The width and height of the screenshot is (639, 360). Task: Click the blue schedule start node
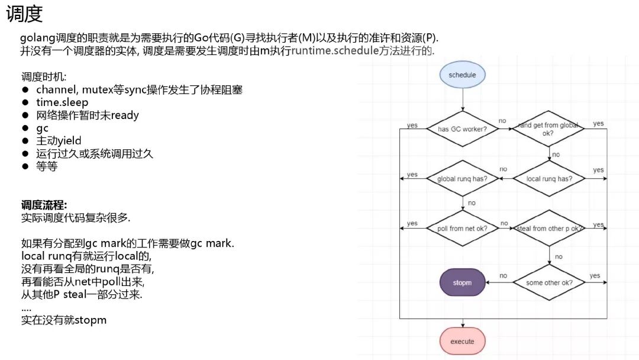462,75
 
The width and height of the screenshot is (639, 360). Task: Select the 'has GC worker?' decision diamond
462,128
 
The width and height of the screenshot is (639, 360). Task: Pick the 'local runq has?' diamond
548,178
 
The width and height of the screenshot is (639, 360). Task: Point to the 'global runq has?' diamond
462,178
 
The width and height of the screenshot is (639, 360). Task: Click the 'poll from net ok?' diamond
462,228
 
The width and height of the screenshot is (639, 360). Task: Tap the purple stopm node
462,282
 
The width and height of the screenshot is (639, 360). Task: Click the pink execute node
462,341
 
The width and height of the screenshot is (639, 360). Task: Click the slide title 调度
24,15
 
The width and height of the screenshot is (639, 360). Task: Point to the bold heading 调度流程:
44,205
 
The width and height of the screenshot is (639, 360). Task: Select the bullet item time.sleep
62,102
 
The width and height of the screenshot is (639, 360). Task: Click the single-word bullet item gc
43,128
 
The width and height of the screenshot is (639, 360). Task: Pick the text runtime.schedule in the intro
335,50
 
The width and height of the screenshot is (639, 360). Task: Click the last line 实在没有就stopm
64,320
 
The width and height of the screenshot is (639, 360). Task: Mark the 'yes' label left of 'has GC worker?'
412,126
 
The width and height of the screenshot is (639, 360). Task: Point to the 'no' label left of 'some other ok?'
503,275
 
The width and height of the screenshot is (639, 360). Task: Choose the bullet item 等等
47,166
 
